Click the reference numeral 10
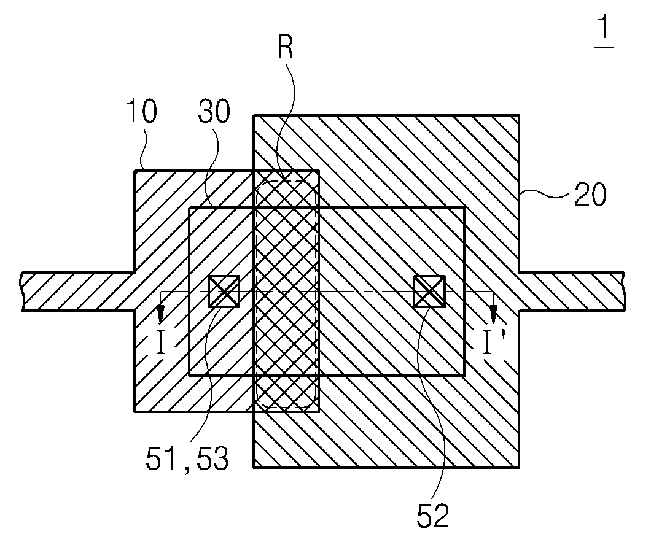point(141,114)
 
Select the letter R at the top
point(284,47)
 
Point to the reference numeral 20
point(590,195)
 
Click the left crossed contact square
point(224,291)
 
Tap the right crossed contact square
point(429,291)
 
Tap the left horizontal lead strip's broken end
point(23,291)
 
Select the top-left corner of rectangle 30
point(189,208)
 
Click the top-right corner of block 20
point(520,115)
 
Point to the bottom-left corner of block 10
point(135,410)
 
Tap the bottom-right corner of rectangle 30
point(464,375)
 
